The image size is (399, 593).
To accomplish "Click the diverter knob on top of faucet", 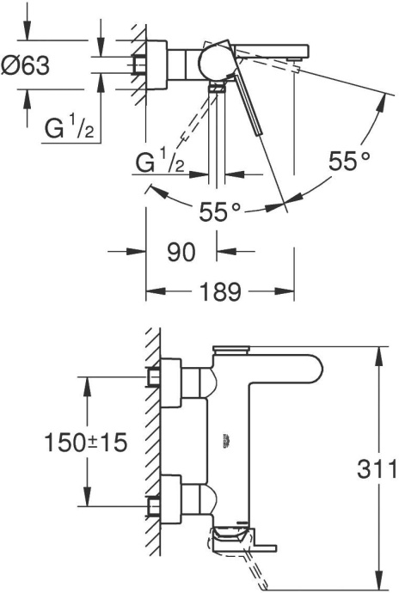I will pos(227,350).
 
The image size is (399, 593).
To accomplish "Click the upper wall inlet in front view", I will pos(156,376).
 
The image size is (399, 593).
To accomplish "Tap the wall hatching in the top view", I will pos(137,60).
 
